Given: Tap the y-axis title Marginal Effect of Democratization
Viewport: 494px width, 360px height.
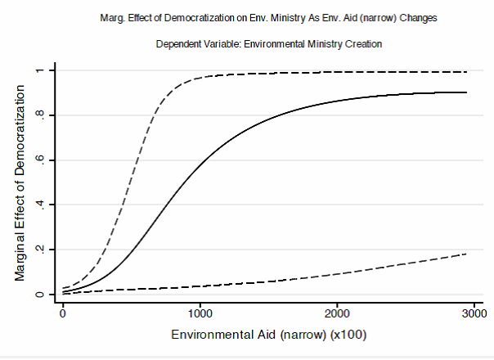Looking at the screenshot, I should pos(20,182).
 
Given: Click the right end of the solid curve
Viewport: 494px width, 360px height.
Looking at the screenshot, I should pos(466,92).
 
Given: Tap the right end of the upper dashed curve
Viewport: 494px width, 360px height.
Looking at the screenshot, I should pos(466,72).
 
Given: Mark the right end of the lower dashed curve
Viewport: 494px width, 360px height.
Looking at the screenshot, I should pos(466,254).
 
